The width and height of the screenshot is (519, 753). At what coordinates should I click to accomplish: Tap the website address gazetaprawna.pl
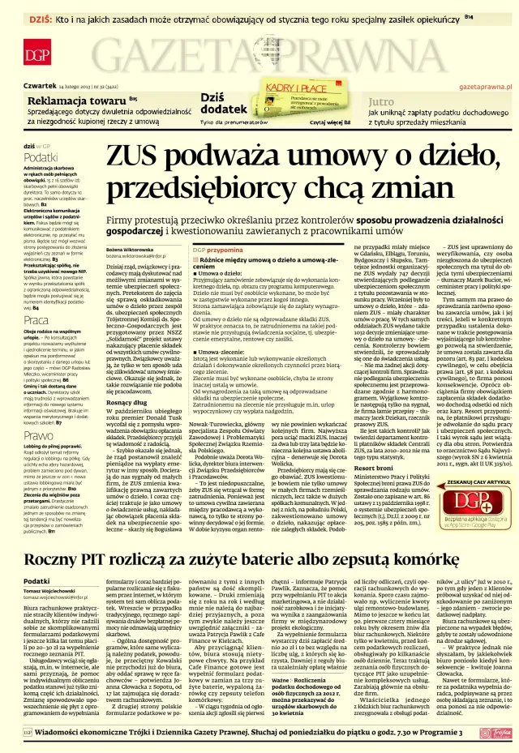coord(485,84)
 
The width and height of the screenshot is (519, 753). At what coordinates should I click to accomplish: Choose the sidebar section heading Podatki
coord(41,157)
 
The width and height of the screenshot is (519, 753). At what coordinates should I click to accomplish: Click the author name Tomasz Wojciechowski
coord(57,590)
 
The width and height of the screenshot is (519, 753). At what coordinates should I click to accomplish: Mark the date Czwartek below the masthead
coord(40,84)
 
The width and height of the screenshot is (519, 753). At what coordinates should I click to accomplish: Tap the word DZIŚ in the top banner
coord(41,17)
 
